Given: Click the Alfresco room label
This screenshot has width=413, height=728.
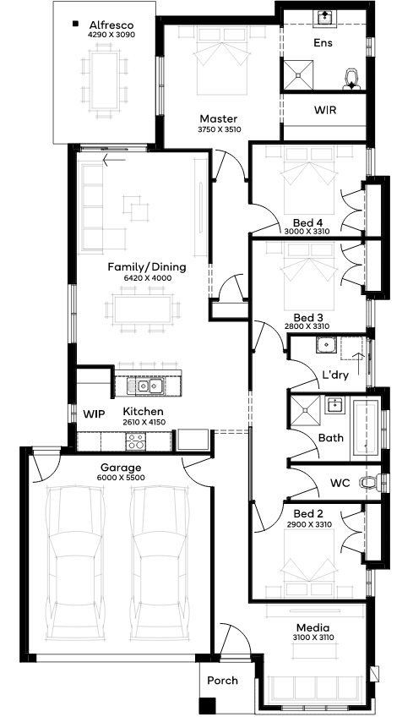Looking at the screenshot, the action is pos(111,25).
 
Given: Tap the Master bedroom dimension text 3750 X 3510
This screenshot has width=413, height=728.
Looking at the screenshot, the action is pos(220,129).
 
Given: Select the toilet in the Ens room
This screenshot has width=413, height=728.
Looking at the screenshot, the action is pos(352,79).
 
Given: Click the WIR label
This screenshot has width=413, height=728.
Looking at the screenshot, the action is pos(325,110).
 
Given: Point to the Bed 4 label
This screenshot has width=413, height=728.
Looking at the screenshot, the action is pos(307,222).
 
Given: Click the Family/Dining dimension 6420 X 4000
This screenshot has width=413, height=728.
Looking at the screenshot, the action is pos(147,278).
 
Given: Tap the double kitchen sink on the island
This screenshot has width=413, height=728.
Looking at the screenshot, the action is pos(145,386).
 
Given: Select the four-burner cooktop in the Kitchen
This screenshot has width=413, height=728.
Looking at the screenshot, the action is pos(136,441).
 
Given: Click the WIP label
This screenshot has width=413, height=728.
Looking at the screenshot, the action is pos(94,413).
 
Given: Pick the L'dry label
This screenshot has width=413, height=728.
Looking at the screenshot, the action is pos(334,375).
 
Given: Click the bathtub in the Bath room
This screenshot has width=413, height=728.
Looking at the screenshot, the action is pos(367,429).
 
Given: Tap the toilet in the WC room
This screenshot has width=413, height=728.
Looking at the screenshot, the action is pos(373,483).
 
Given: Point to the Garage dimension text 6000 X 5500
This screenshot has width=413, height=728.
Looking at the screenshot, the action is pos(121,478).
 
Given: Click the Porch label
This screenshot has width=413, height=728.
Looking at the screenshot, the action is pos(222,680).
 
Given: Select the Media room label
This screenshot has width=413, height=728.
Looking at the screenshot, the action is pos(312,627).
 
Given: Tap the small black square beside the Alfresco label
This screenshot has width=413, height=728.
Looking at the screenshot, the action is pos(75,23).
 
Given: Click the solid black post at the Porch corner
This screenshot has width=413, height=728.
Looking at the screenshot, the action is pos(207,706).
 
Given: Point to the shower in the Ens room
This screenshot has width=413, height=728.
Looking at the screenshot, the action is pos(298,74).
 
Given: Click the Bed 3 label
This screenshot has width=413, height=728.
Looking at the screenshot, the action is pos(308,318).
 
